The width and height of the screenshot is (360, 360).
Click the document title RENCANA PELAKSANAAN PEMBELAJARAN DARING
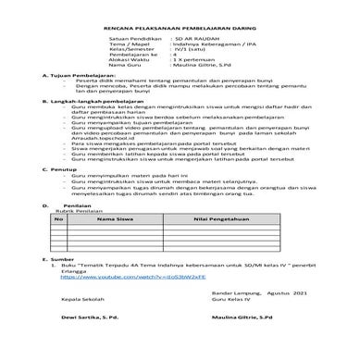pos(180,31)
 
